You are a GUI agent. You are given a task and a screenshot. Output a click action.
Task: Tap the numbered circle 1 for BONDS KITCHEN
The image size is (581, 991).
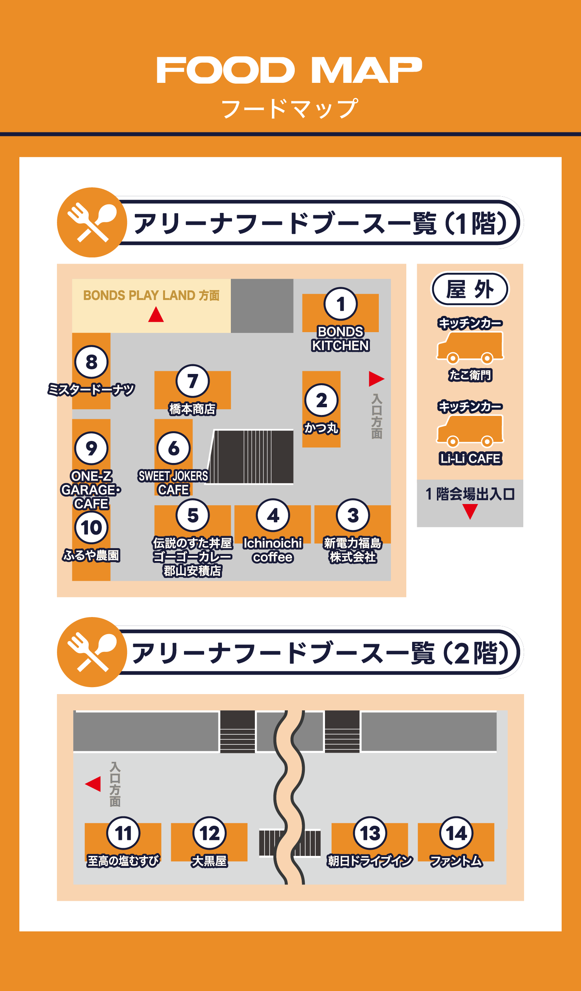coord(340,304)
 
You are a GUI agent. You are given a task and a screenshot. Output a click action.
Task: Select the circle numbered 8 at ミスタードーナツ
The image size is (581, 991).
coord(91,362)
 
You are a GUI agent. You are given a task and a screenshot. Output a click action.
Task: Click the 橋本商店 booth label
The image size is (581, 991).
coord(193,409)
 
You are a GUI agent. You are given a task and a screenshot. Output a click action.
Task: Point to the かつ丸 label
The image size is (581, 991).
coord(321,427)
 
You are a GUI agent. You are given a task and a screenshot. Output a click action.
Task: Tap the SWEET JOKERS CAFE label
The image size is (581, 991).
coord(173,483)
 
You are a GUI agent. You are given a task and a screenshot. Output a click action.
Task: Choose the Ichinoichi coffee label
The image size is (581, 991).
coord(273,550)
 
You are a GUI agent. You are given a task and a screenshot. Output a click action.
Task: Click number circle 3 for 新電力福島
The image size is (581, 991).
coord(353,515)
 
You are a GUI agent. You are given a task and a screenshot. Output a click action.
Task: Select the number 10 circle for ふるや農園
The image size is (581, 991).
coord(91,527)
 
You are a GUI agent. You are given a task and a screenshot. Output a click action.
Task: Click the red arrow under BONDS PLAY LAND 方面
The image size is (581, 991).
coord(156,315)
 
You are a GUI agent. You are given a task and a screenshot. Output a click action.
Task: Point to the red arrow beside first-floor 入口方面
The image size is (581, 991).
coord(376,379)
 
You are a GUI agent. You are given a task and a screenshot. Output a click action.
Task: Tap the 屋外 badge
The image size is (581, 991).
coord(470,289)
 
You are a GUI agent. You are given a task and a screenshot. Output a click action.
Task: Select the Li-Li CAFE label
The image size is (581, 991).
coord(470,459)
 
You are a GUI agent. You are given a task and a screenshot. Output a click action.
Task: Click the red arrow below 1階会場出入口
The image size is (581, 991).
coord(470,511)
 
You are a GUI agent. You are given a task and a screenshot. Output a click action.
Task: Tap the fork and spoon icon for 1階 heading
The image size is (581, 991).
coord(92,223)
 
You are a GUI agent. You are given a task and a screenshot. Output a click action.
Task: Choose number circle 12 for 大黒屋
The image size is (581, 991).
coord(209,833)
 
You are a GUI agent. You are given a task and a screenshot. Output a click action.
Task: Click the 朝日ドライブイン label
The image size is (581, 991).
coord(370,861)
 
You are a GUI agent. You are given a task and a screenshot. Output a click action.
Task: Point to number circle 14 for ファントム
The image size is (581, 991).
coord(456,833)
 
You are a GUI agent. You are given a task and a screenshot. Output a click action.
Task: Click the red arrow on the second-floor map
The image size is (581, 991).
coord(94,784)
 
